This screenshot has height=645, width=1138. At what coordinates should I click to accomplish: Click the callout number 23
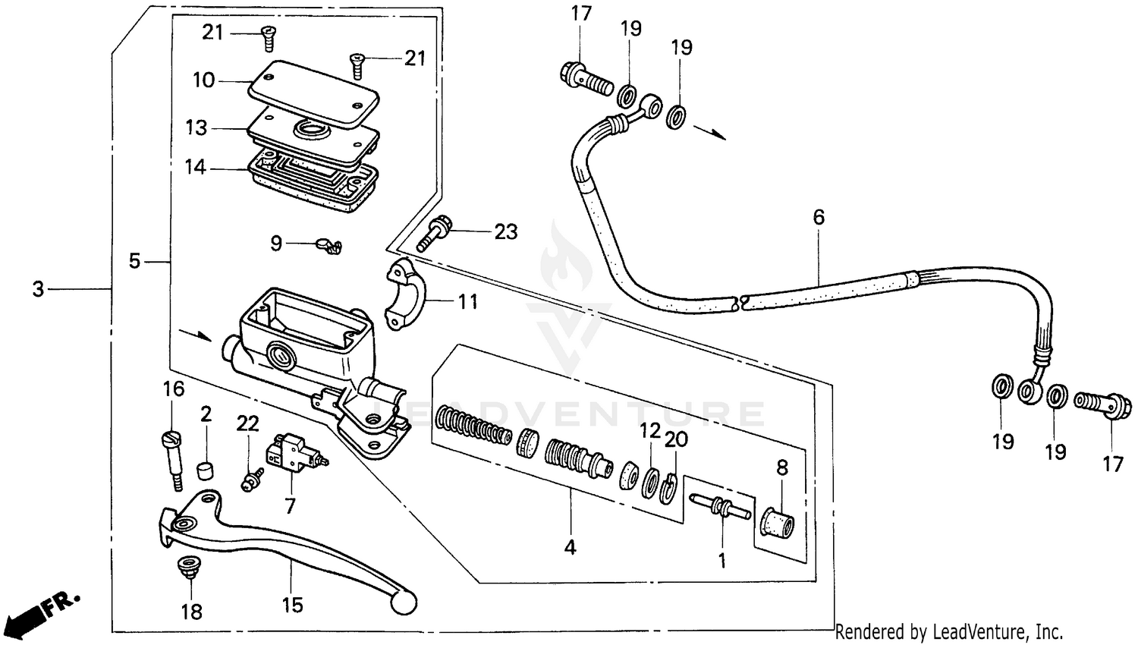coord(505,231)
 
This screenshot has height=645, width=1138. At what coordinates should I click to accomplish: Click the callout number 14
coord(196,167)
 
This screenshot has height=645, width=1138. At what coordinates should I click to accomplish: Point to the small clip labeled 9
coord(329,245)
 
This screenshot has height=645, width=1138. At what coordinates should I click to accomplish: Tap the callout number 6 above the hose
coord(818,218)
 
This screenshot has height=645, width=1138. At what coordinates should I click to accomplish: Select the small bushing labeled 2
coord(203,471)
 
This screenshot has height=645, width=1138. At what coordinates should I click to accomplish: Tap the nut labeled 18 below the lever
coord(186,565)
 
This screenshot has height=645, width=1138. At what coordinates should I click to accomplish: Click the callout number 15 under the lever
coord(292,605)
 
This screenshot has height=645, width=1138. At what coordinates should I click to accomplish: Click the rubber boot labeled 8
coord(777,523)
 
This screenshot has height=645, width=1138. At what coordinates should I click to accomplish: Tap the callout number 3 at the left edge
coord(39,288)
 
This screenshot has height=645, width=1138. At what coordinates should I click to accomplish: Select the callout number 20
coord(676,439)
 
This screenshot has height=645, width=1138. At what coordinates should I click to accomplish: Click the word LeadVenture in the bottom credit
coord(987,631)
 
